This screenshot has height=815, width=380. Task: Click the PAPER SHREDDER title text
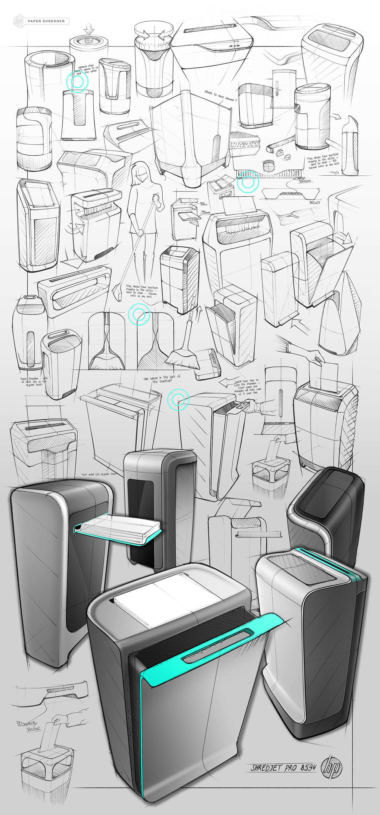46,21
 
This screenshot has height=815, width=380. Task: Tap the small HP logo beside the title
18,21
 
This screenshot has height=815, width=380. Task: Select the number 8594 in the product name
308,767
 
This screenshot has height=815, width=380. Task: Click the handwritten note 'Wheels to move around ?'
220,96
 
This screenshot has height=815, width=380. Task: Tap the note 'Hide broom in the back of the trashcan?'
162,379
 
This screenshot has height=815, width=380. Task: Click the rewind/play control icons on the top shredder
234,46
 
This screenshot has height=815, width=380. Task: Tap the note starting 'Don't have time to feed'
248,386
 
